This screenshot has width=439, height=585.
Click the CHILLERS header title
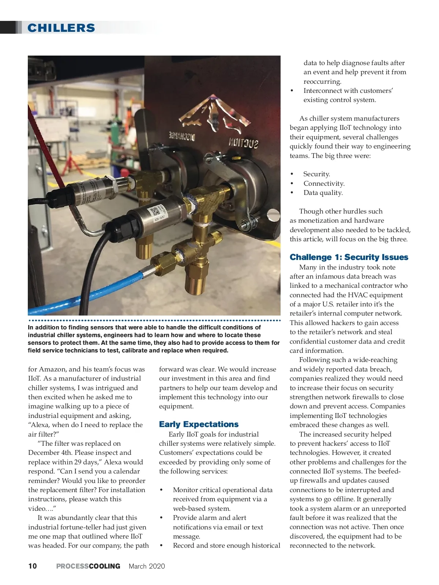point(61,28)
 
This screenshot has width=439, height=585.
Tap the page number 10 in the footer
point(33,566)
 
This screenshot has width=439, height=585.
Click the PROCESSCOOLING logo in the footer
point(88,566)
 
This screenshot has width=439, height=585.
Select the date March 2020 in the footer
point(147,566)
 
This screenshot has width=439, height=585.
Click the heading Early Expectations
point(199,424)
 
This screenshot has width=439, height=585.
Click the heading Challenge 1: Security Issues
point(349,257)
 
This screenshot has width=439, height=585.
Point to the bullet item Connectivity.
point(324,183)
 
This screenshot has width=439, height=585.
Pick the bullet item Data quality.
point(323,193)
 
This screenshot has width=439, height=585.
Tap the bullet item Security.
point(316,174)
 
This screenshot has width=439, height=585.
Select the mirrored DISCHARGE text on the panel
point(182,137)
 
